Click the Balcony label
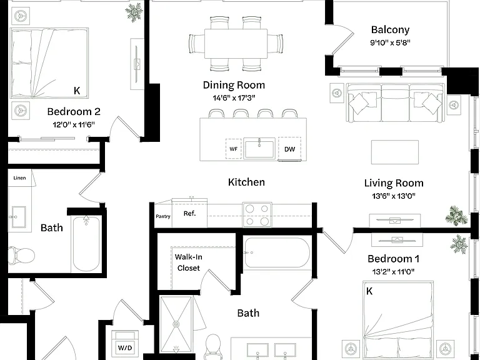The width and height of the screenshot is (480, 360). [390, 30]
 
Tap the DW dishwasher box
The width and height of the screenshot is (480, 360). [289, 149]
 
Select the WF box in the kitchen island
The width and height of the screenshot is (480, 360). [234, 149]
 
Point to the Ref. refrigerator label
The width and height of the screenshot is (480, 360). [189, 213]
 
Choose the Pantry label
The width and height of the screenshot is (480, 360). [163, 216]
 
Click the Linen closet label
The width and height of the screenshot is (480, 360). [19, 178]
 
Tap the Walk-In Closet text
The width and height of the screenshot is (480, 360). [188, 262]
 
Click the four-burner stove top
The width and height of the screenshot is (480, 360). [257, 215]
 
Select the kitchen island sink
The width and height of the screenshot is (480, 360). [259, 148]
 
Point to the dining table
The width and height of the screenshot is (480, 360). [236, 44]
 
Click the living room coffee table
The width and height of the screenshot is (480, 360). [395, 152]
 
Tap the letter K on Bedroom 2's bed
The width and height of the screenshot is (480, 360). [77, 90]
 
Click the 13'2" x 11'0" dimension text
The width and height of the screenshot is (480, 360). [393, 271]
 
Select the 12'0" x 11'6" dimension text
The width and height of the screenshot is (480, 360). [74, 124]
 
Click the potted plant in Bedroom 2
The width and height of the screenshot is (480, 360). [134, 12]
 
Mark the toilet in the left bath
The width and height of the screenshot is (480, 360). [21, 256]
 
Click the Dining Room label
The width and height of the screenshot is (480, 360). [234, 85]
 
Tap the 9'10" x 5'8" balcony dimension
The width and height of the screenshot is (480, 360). [390, 42]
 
